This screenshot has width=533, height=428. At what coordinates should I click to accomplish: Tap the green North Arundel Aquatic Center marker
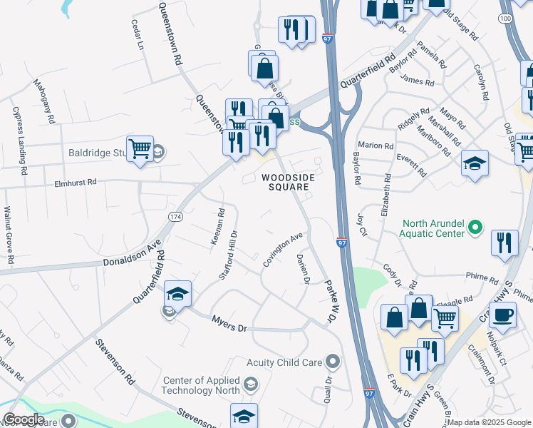click(477, 228)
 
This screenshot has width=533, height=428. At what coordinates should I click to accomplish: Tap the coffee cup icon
click(503, 315)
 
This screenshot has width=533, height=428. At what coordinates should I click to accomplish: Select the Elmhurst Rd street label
click(75, 183)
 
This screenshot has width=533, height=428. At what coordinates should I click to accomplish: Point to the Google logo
click(24, 420)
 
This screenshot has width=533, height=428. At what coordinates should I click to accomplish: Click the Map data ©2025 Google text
click(489, 422)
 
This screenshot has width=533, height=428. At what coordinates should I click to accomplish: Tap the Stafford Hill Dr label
click(227, 255)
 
